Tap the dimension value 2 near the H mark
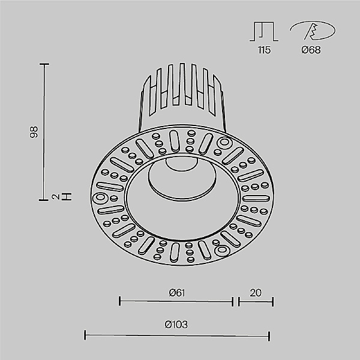coord(54,196)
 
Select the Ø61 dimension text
coord(176,293)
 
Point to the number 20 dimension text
coord(256,293)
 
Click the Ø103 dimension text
coord(176,325)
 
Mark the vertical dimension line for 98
coord(44,132)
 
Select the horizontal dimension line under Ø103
coord(176,335)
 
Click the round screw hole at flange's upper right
coord(225,143)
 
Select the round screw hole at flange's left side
coord(100,197)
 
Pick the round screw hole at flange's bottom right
coord(223,250)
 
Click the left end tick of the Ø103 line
coord(85,335)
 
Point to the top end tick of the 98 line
coord(44,62)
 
